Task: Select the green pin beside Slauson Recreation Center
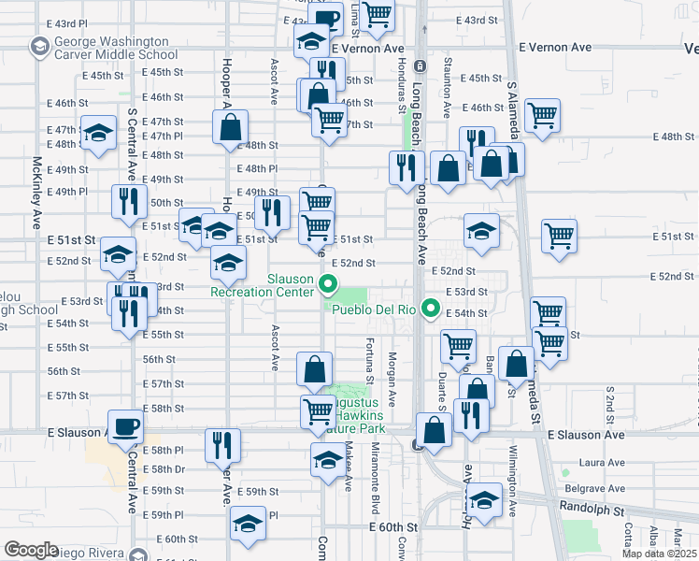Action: [328, 285]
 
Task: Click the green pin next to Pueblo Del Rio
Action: [431, 307]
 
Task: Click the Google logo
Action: [31, 550]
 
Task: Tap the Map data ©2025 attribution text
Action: [660, 554]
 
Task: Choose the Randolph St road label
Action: [593, 511]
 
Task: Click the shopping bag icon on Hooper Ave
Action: [230, 128]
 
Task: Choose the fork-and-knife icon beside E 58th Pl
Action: [222, 446]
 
